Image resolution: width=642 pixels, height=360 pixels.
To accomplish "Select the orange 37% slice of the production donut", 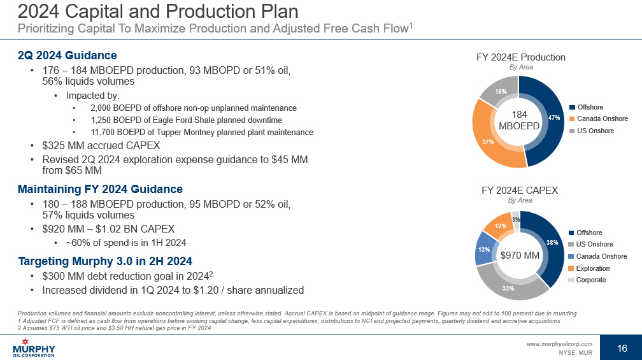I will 487,141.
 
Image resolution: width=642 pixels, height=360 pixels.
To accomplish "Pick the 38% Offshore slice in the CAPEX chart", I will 552,243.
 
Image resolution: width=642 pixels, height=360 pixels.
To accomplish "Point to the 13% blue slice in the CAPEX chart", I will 484,249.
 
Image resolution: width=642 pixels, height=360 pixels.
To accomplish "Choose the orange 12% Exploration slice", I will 501,226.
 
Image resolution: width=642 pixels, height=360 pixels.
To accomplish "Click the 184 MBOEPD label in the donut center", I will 518,120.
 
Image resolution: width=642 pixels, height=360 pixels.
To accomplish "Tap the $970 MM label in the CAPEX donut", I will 520,256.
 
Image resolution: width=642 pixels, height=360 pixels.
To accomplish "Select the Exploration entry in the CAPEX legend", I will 592,268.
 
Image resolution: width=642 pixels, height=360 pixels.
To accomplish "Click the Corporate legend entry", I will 591,280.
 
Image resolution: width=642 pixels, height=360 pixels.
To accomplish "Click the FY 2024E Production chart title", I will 520,57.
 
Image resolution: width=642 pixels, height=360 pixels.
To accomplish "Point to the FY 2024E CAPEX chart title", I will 520,191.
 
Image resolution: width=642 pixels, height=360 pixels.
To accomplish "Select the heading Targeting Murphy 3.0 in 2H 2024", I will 105,261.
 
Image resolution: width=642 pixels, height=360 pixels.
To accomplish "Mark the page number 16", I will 622,348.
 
